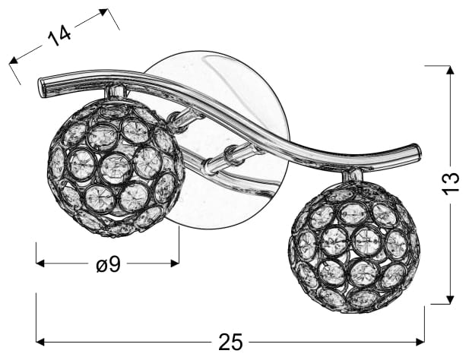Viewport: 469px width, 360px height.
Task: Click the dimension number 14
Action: [59, 35]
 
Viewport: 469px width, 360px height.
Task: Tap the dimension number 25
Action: [230, 342]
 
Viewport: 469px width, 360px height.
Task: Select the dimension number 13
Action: [451, 183]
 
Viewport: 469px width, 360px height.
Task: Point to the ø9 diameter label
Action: [108, 264]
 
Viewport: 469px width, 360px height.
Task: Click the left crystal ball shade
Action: [115, 167]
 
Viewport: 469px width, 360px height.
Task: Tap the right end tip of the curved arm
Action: [419, 152]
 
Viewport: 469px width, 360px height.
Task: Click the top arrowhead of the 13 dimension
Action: [450, 70]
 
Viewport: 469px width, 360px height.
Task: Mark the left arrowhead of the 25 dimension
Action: [40, 342]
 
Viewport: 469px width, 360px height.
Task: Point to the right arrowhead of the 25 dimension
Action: [420, 342]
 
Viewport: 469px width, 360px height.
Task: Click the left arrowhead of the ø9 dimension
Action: [40, 264]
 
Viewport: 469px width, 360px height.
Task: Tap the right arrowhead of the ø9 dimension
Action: [175, 264]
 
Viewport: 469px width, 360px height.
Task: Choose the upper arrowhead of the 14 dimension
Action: [103, 13]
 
